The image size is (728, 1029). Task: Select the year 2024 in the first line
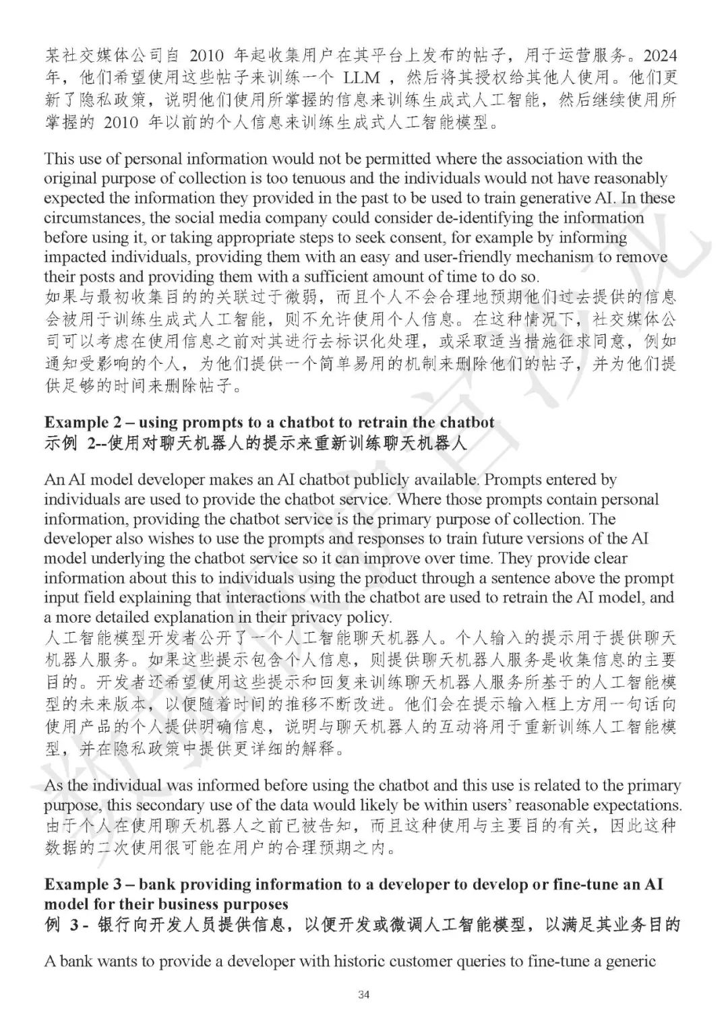click(x=658, y=54)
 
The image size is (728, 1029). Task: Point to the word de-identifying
click(x=478, y=218)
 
